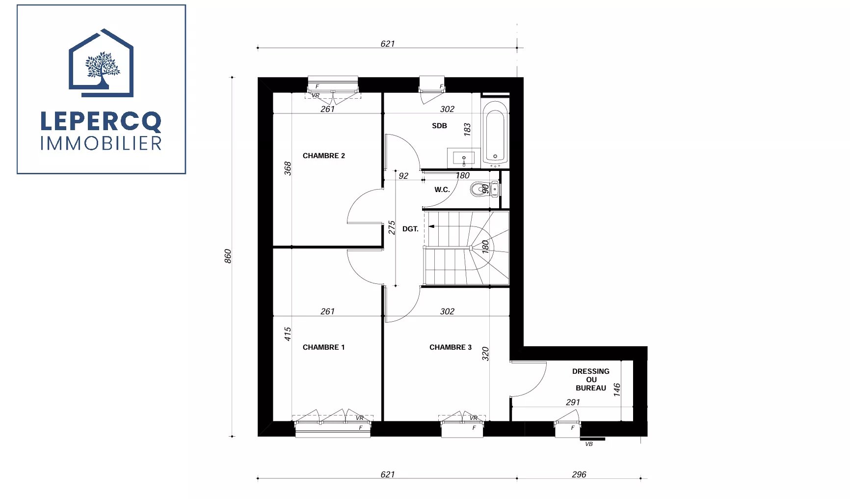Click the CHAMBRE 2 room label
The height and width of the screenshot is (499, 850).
coord(323,156)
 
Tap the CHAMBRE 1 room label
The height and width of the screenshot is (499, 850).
coord(323,347)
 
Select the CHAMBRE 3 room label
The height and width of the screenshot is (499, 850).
coord(450,347)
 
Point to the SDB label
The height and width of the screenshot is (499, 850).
coord(439,126)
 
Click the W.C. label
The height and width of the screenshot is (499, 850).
coord(442,190)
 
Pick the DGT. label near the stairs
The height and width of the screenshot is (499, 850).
coord(410,229)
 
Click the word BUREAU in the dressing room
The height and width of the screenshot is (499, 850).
coord(591,388)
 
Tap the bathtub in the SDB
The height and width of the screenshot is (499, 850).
coord(495,132)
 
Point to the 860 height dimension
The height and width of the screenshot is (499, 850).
coord(228,256)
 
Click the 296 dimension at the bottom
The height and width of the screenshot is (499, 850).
coord(579,474)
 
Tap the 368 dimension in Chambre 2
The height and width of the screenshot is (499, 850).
coord(288,168)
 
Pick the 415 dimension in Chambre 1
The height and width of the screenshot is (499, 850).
coord(288,334)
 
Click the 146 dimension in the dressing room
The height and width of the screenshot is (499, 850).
coord(617,390)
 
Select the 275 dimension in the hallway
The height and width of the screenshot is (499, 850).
coord(392,227)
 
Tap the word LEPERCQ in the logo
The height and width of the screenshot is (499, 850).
coord(101,121)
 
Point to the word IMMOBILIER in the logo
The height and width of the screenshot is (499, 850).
coord(101,143)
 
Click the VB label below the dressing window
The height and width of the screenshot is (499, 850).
coord(589,444)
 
